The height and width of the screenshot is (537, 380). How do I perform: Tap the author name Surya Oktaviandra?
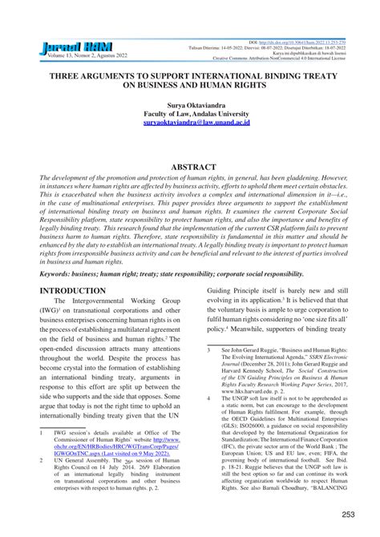[x=189, y=105]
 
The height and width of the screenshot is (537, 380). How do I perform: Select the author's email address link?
[x=190, y=124]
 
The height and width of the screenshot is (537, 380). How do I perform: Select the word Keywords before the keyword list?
[x=62, y=273]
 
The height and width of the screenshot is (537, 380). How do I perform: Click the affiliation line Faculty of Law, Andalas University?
[x=190, y=115]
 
